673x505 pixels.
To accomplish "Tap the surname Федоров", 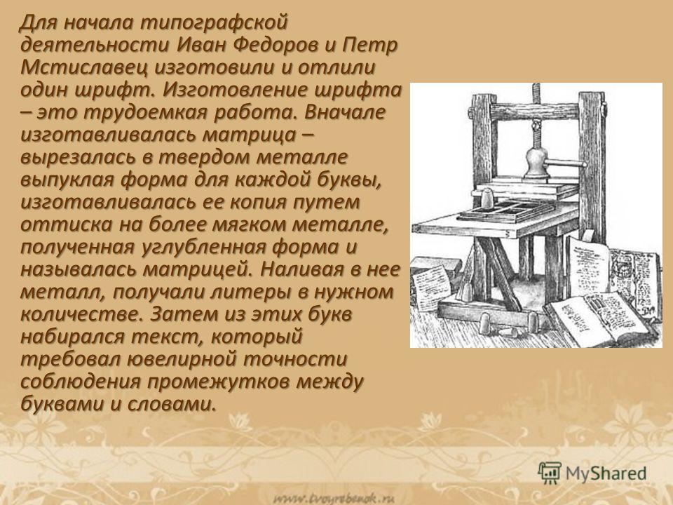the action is tap(278, 45).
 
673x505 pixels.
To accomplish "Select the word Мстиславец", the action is tap(85, 67).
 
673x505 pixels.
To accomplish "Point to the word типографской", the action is tap(213, 23).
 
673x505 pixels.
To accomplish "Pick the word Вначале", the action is tap(345, 112).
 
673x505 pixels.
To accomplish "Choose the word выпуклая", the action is tap(67, 180).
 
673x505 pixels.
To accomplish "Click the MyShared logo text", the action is tap(606, 473).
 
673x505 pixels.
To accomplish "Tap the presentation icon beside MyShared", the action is tap(550, 473).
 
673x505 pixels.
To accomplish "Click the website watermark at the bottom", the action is tap(334, 498).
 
